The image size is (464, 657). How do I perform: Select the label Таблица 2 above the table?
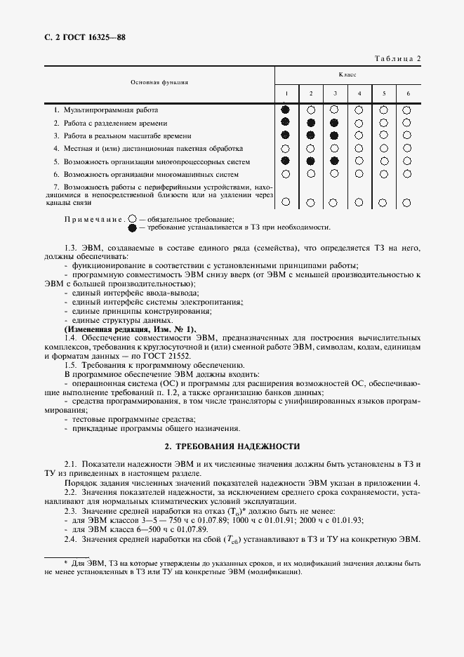click(395, 59)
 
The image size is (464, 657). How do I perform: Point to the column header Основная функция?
click(159, 82)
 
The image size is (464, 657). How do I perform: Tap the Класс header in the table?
click(347, 74)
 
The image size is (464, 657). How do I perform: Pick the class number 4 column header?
click(359, 94)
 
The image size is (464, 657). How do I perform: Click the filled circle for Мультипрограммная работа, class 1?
click(285, 110)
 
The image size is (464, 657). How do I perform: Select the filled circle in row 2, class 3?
click(334, 123)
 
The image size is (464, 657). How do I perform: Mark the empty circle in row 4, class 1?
click(285, 149)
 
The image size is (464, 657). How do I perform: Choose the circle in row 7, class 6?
click(407, 202)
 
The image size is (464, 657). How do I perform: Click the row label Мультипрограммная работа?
click(111, 110)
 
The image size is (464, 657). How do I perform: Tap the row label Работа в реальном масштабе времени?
click(127, 135)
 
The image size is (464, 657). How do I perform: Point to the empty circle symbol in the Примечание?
click(133, 219)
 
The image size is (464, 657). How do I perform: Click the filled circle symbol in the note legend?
click(133, 228)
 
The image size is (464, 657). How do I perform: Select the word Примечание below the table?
click(94, 220)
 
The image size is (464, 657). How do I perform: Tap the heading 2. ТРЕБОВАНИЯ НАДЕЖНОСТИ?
click(232, 446)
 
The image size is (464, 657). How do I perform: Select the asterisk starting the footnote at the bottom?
click(65, 564)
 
